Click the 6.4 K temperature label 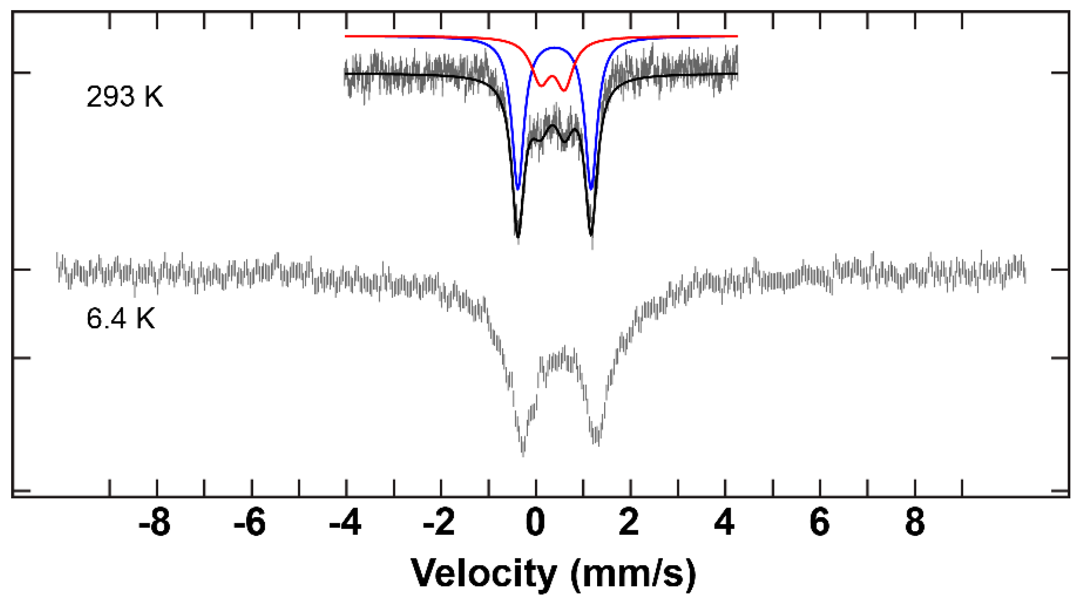tap(120, 319)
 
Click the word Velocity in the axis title tap(483, 574)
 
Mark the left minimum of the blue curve tap(517, 189)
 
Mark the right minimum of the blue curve tap(591, 189)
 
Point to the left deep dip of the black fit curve tap(517, 236)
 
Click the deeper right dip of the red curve tap(564, 90)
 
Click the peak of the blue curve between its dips tap(555, 48)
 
